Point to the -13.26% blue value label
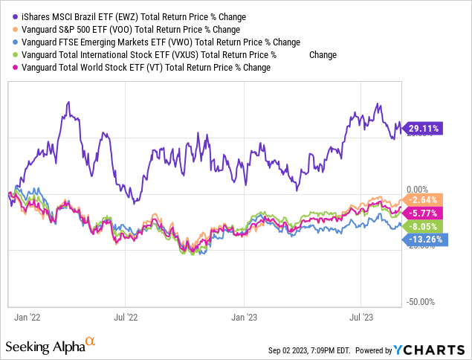tap(426, 240)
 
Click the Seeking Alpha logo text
tap(44, 347)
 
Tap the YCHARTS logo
tap(436, 349)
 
